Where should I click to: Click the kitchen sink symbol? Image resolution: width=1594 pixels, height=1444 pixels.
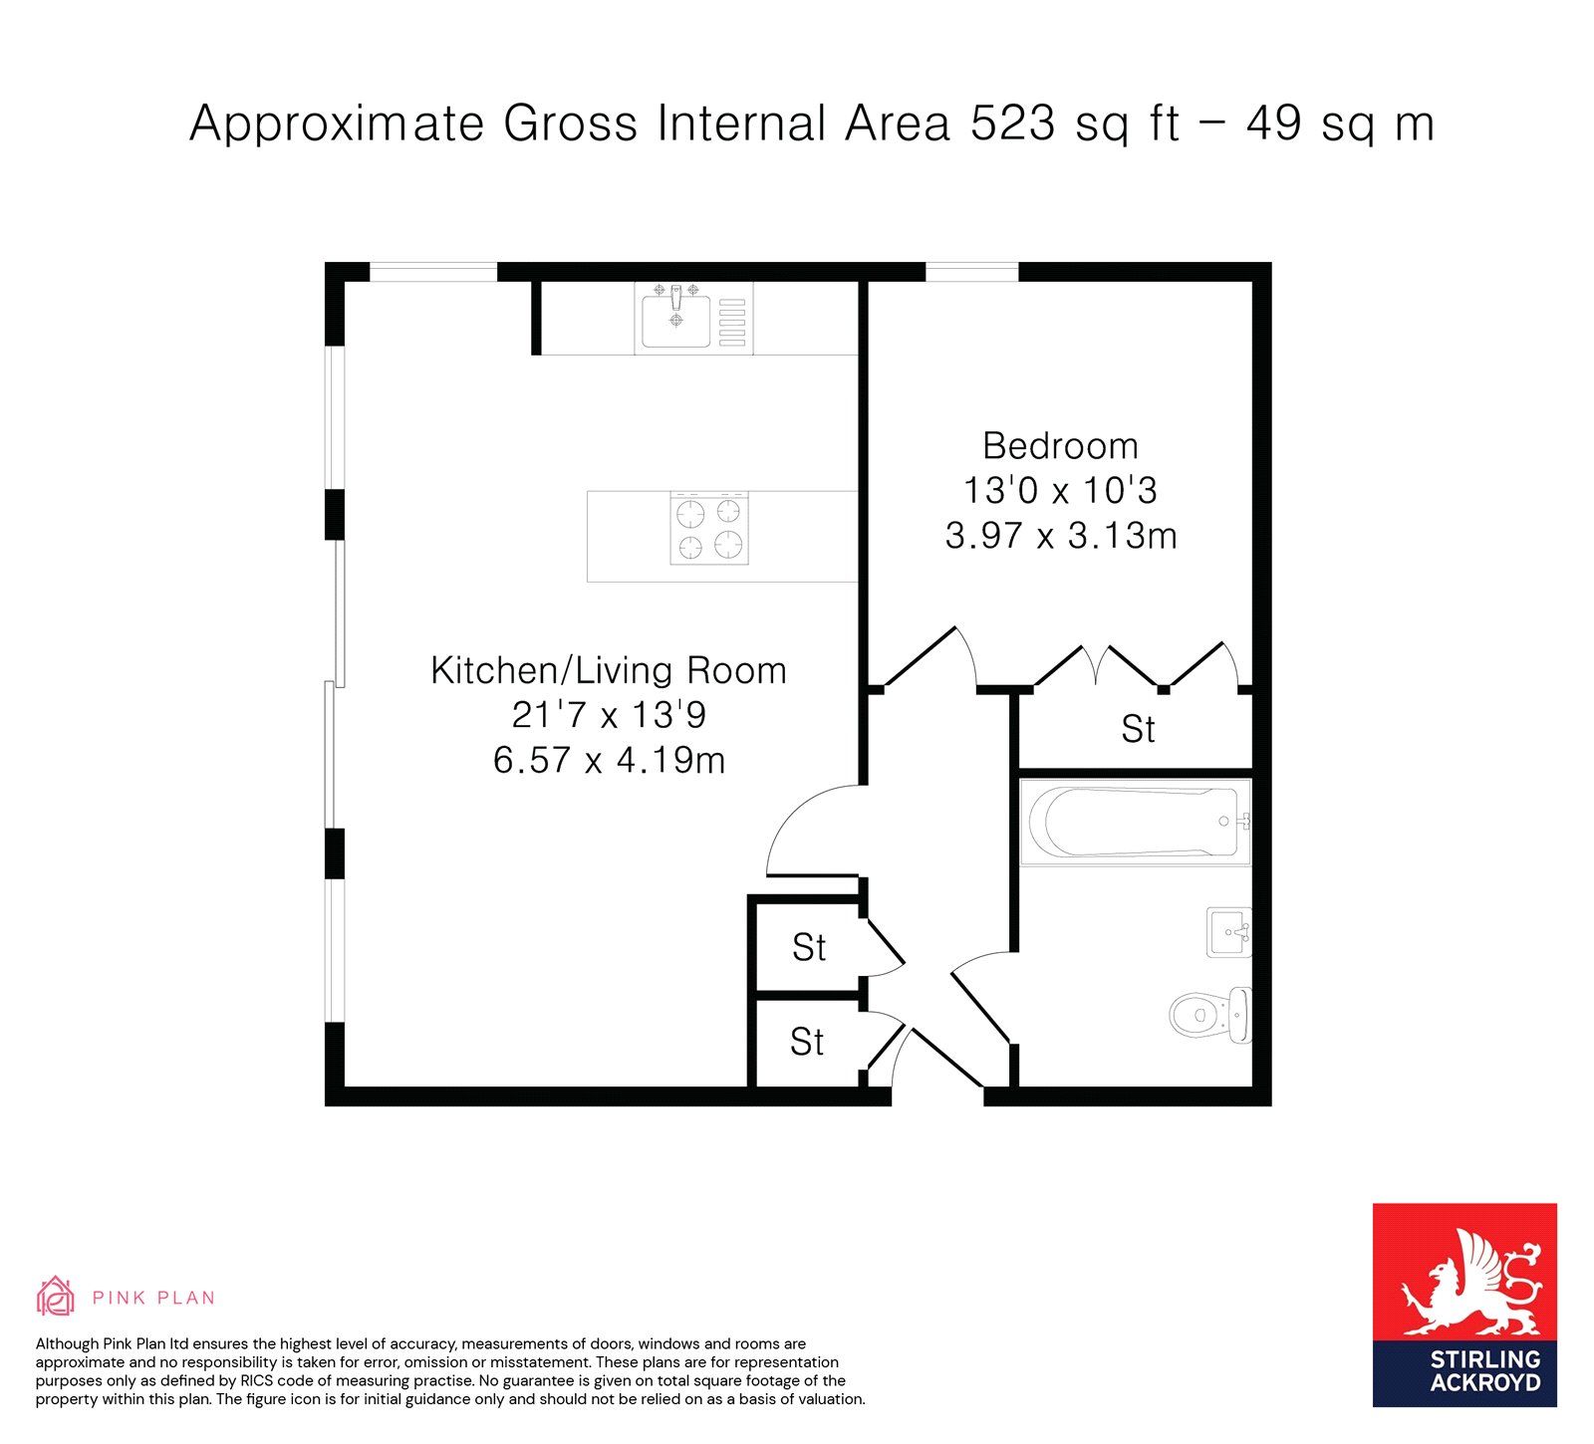676,318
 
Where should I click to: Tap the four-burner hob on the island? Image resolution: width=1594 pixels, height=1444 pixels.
709,529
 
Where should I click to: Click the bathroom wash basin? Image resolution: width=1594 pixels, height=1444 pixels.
1229,932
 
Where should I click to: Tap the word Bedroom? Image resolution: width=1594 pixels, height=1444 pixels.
1060,445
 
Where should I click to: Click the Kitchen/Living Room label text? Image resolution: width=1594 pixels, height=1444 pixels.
609,670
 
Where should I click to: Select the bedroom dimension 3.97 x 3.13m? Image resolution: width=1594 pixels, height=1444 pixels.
1061,536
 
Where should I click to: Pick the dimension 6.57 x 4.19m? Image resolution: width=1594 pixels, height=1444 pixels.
610,761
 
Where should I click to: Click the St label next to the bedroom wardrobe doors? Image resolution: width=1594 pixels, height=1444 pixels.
1138,729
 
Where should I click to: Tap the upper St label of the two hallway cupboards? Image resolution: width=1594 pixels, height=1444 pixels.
809,947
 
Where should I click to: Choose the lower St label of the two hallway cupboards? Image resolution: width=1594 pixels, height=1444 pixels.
807,1042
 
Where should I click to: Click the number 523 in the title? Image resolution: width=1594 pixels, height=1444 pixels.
1012,123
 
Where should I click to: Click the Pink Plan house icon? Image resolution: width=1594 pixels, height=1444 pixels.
56,1296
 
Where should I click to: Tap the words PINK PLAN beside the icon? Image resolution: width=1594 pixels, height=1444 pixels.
153,1298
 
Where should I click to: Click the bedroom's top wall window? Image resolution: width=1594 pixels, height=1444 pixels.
972,271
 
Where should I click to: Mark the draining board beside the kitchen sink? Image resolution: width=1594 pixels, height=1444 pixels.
732,318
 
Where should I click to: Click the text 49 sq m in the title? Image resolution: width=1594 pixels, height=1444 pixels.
1340,123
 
